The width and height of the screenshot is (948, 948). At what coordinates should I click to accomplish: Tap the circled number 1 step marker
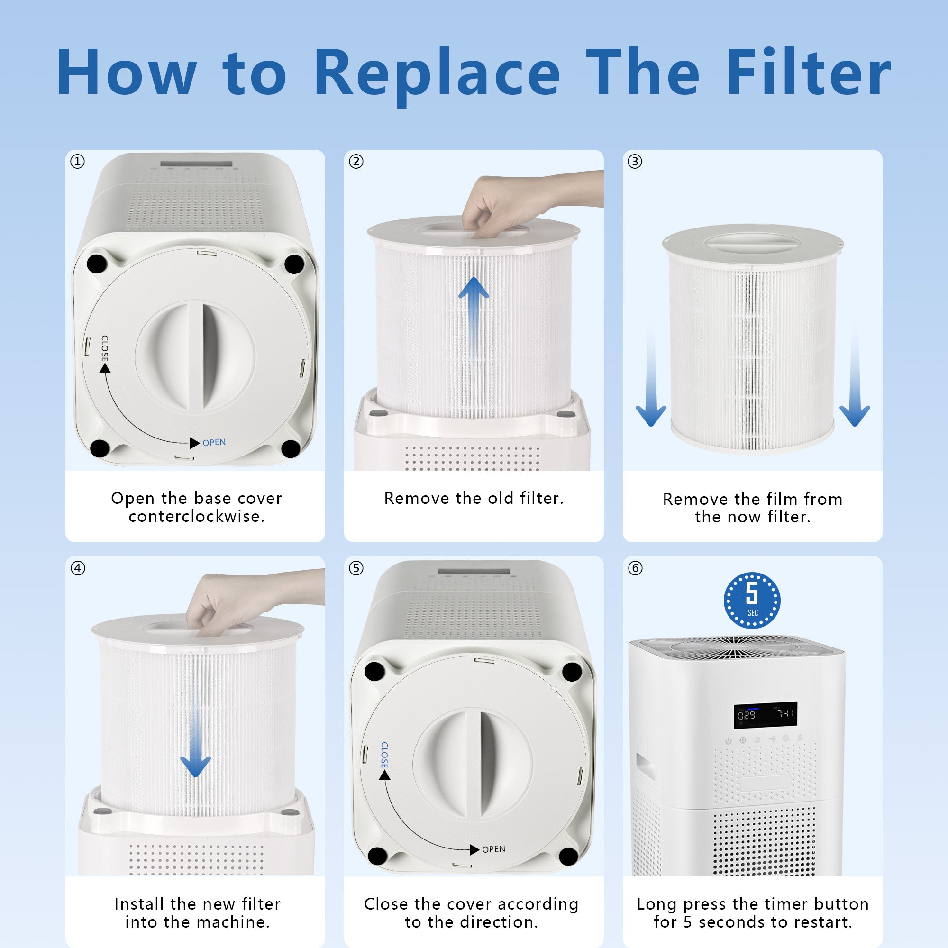tap(78, 162)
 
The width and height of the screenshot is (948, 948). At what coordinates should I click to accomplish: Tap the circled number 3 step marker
tap(635, 162)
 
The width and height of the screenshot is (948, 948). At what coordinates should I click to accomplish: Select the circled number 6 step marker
tap(635, 568)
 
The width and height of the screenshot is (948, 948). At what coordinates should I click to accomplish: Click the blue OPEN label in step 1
tap(214, 442)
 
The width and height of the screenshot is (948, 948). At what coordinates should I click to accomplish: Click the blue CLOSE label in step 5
tap(384, 755)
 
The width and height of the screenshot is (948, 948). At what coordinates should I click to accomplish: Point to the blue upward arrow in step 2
tap(474, 317)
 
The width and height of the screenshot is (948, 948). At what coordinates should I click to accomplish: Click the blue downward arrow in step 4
tap(195, 741)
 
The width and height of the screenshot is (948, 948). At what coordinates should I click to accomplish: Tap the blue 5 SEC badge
tap(752, 600)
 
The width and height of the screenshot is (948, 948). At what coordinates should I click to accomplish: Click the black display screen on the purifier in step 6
tap(766, 714)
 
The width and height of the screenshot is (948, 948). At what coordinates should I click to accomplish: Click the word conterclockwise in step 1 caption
tap(196, 516)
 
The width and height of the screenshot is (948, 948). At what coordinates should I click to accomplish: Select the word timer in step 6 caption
tap(784, 904)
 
